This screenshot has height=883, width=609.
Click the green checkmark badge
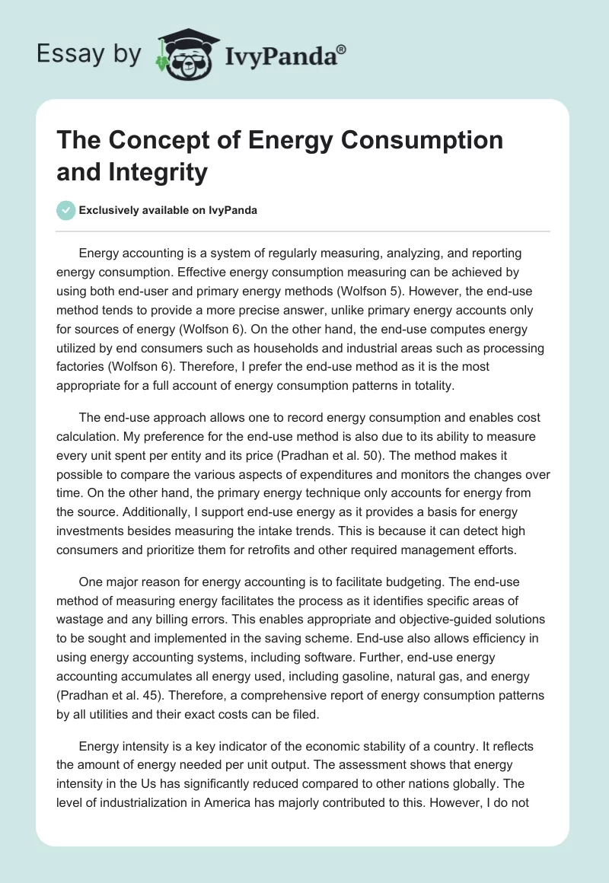(x=67, y=210)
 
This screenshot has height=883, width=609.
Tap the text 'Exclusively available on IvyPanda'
(x=168, y=210)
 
